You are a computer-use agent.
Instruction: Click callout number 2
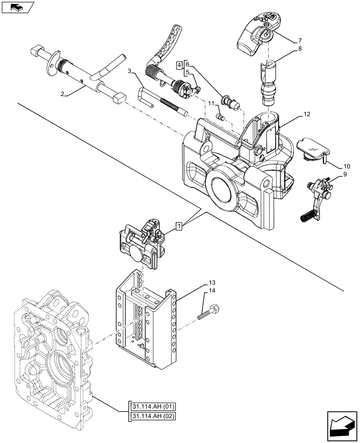(x=63, y=94)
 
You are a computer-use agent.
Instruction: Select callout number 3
(x=129, y=71)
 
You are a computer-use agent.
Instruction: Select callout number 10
(x=346, y=167)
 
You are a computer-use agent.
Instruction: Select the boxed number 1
(x=178, y=227)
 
